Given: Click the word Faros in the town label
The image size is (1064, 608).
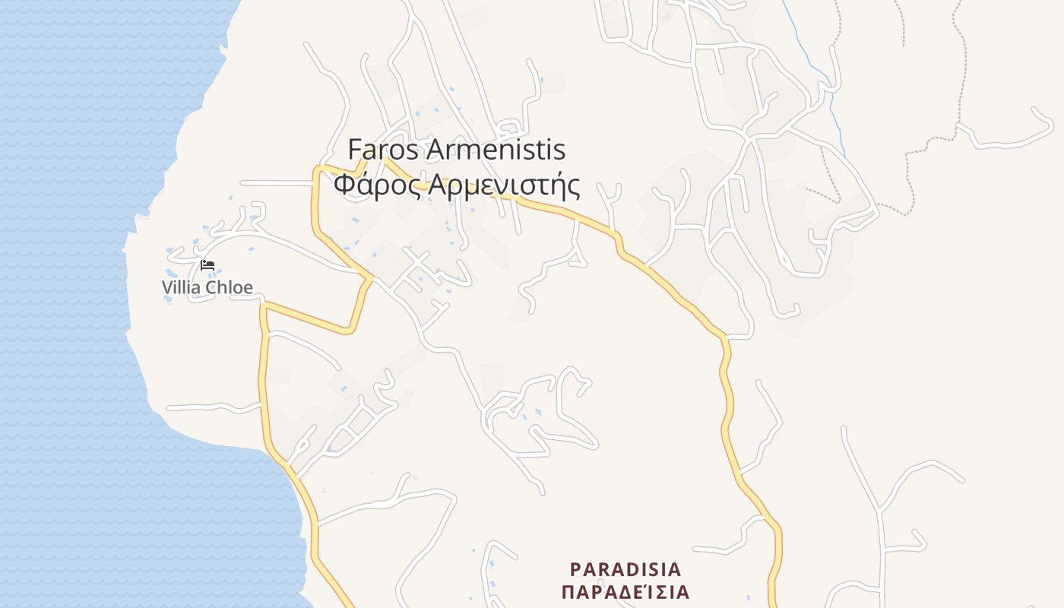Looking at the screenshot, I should click(383, 150).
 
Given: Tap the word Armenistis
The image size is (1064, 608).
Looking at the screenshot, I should click(496, 150).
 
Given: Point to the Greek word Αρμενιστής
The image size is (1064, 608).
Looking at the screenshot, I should click(505, 185).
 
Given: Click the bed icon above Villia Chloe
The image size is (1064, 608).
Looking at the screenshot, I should click(207, 265).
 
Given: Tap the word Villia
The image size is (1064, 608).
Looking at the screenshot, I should click(182, 287).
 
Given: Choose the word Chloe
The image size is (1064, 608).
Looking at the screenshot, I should click(230, 287).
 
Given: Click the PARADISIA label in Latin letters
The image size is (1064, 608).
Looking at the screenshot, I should click(625, 569).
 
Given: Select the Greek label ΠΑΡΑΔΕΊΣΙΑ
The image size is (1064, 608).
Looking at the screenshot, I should click(625, 592).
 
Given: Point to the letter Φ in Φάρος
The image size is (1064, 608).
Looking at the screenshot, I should click(344, 185).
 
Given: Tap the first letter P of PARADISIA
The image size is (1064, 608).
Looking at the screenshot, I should click(575, 569).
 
